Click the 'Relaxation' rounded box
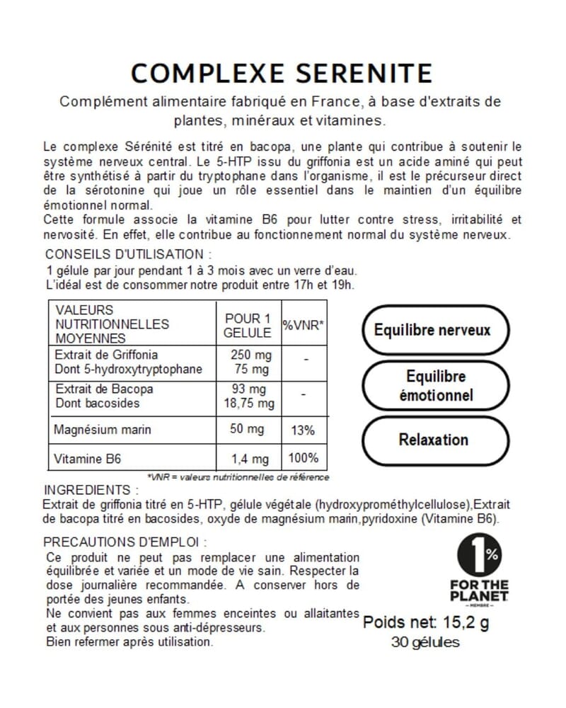tap(433, 440)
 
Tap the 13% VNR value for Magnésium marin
tap(304, 430)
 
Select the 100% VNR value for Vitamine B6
tap(303, 458)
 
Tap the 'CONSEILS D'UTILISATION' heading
tap(128, 254)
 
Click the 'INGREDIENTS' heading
tap(91, 490)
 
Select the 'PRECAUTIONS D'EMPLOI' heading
tap(125, 542)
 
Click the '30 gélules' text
tap(425, 643)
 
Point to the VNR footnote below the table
tap(238, 477)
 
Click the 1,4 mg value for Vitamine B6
tap(248, 459)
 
